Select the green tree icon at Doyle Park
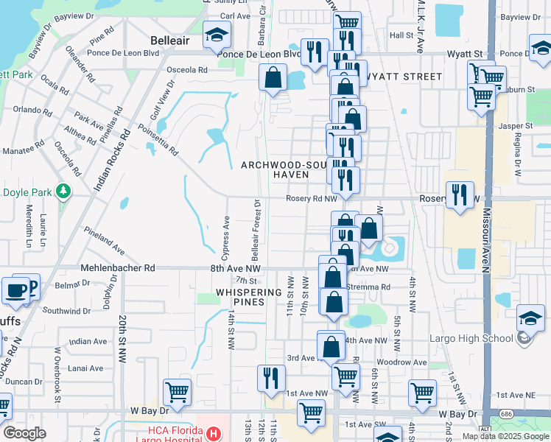click(63, 192)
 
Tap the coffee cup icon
click(15, 290)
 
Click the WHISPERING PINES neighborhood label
click(249, 297)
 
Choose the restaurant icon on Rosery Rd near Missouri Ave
click(460, 195)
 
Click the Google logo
click(24, 433)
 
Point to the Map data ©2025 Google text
click(505, 436)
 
